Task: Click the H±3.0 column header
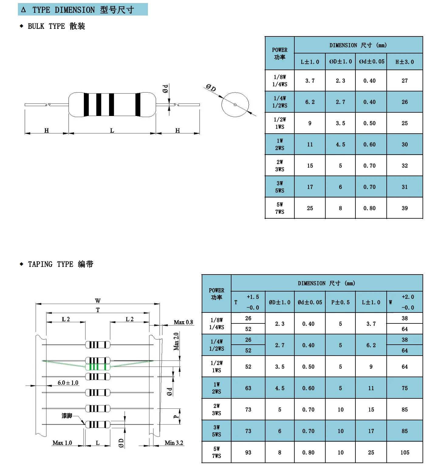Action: tap(404, 62)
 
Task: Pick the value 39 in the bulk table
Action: tap(405, 208)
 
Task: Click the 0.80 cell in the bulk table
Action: tap(369, 208)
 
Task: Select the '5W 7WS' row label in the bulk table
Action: tap(279, 208)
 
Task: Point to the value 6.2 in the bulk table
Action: tap(310, 102)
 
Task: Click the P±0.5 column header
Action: tap(340, 302)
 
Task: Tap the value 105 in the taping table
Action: tap(405, 452)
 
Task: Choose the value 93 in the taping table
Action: tap(248, 452)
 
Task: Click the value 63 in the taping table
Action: tap(248, 388)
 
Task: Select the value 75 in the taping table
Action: tap(405, 388)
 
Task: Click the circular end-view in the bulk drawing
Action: tap(235, 105)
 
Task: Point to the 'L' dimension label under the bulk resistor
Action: tap(112, 131)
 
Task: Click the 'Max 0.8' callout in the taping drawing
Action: tap(183, 322)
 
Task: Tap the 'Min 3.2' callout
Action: tap(174, 443)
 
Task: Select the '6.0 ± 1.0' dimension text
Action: tap(68, 383)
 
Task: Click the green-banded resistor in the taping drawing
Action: tap(98, 367)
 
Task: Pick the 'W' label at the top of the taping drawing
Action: tap(98, 301)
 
